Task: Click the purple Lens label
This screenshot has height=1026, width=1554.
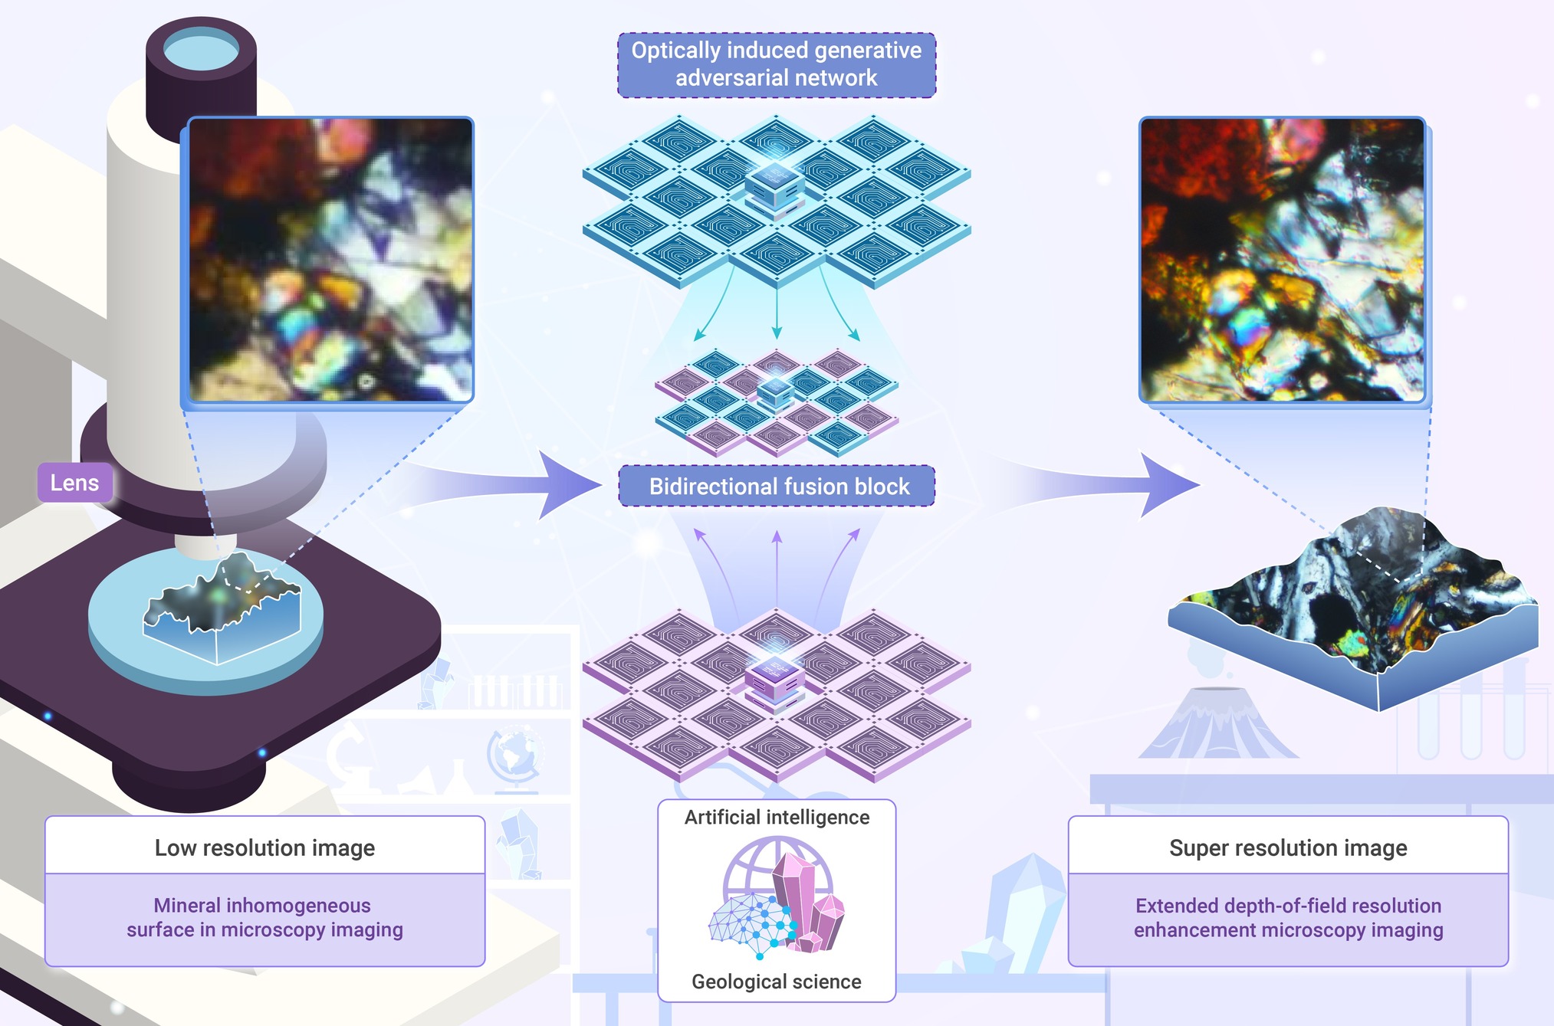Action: pyautogui.click(x=75, y=483)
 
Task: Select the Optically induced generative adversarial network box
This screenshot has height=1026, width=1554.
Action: pyautogui.click(x=777, y=64)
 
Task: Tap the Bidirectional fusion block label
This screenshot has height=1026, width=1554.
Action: pyautogui.click(x=777, y=486)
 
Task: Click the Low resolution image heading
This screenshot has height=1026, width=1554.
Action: pyautogui.click(x=264, y=847)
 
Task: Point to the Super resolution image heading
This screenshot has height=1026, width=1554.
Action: pyautogui.click(x=1288, y=847)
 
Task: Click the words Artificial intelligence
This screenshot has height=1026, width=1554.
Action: pyautogui.click(x=777, y=818)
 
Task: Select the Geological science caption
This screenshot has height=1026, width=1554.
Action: pyautogui.click(x=777, y=982)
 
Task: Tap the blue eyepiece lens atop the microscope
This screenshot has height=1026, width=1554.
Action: pyautogui.click(x=201, y=51)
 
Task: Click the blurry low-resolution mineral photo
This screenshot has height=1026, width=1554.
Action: pyautogui.click(x=330, y=259)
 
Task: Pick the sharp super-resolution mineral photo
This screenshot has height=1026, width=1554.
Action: pyautogui.click(x=1282, y=259)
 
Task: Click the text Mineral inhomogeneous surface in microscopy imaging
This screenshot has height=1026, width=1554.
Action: pyautogui.click(x=264, y=917)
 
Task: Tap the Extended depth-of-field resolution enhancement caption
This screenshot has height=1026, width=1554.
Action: pyautogui.click(x=1288, y=917)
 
